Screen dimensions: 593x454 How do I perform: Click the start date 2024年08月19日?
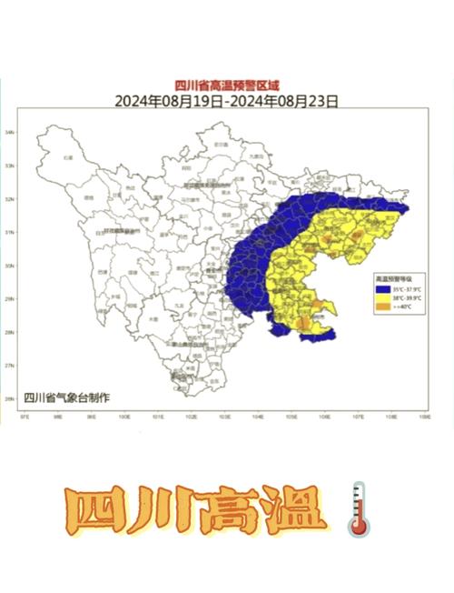(168, 101)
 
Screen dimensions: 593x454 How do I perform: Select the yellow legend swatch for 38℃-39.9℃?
(382, 298)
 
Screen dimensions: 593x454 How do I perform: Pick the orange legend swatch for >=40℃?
(382, 307)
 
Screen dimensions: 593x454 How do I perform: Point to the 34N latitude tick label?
(10, 133)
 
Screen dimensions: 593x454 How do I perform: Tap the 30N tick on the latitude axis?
(10, 266)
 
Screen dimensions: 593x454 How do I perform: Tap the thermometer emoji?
(358, 508)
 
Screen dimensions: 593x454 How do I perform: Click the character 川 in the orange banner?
(165, 513)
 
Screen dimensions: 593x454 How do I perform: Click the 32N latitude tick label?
(10, 199)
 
